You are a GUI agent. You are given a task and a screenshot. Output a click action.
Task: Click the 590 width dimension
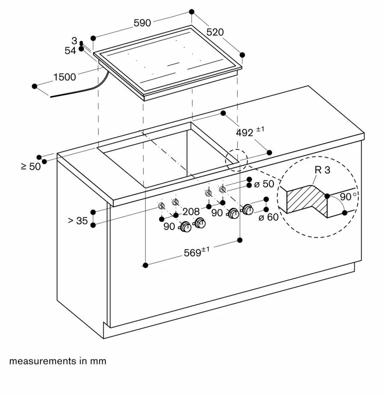142,23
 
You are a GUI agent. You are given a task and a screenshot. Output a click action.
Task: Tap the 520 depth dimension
215,32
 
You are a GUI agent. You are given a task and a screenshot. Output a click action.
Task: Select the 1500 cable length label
65,77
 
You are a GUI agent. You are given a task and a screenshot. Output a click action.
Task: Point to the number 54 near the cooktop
70,50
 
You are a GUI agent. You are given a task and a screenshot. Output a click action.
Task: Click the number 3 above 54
74,41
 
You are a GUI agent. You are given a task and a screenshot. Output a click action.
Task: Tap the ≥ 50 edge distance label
31,166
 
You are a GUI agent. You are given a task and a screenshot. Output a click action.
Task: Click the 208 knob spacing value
191,212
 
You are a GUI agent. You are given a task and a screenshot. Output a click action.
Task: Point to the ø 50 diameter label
264,184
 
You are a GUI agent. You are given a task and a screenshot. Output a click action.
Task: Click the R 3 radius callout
322,170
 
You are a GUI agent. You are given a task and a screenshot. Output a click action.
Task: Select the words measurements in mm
58,361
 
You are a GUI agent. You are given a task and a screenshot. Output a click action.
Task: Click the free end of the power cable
51,97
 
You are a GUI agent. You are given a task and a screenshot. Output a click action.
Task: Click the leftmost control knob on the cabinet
185,227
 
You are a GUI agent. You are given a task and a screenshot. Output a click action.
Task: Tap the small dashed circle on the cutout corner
236,160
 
